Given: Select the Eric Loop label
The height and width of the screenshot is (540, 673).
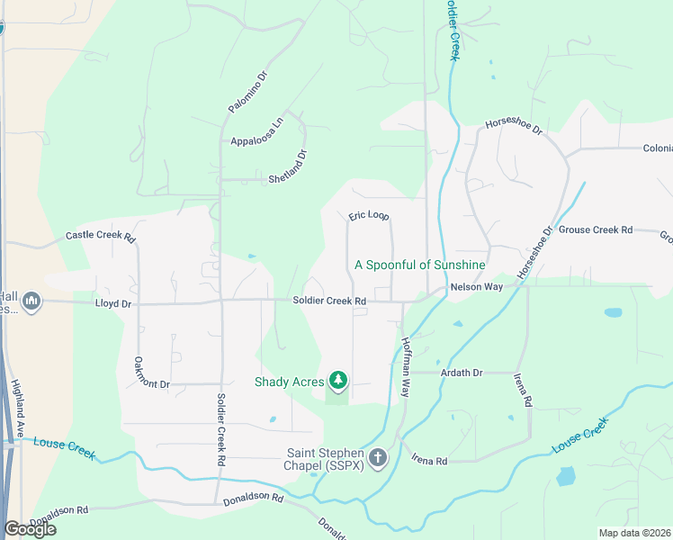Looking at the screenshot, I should click(369, 217).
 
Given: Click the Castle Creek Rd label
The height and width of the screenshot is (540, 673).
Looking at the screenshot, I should click(100, 237).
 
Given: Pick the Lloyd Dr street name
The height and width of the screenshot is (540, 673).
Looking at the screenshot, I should click(113, 304).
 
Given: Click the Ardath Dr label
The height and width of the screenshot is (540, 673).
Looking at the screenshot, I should click(462, 373).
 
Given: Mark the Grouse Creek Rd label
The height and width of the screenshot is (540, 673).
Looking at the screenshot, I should click(596, 230).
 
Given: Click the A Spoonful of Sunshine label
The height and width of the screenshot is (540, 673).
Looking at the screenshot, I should click(420, 265).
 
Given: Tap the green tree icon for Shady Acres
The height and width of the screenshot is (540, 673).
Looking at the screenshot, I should click(338, 381).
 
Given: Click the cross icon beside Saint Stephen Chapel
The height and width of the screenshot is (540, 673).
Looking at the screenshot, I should click(378, 459).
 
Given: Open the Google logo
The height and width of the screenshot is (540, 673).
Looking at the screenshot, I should click(30, 529).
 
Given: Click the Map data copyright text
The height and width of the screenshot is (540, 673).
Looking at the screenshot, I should click(635, 533).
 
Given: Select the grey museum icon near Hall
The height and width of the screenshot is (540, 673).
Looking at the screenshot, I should click(32, 300).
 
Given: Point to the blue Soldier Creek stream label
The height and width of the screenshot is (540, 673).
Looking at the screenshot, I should click(452, 29).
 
